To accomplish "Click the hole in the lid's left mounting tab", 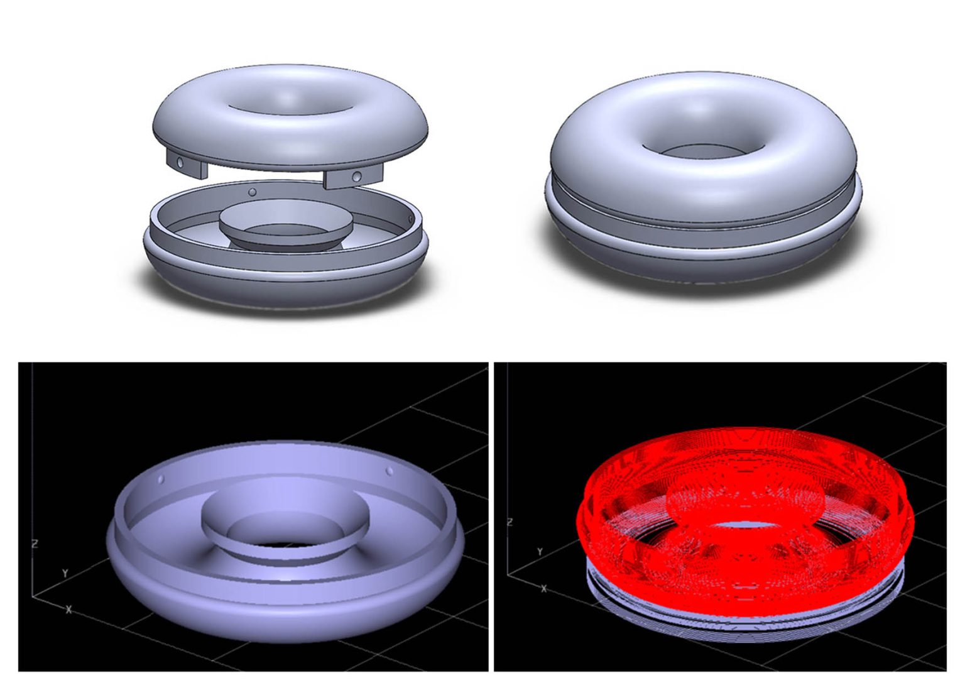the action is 180,163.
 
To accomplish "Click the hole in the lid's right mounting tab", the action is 357,176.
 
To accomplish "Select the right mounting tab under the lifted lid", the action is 353,176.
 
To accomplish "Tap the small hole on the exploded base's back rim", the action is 253,192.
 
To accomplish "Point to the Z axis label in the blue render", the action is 35,544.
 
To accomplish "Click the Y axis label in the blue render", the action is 65,573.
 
